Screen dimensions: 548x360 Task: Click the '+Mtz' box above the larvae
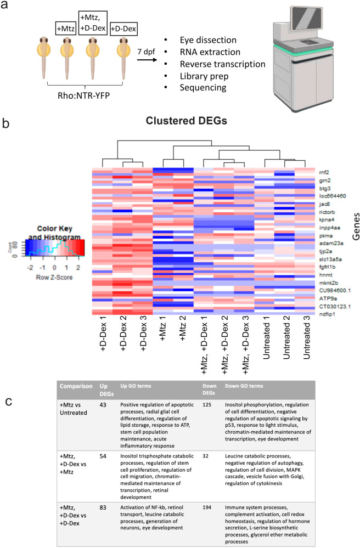pyautogui.click(x=66, y=26)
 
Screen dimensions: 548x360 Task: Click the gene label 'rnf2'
pyautogui.click(x=323, y=172)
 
